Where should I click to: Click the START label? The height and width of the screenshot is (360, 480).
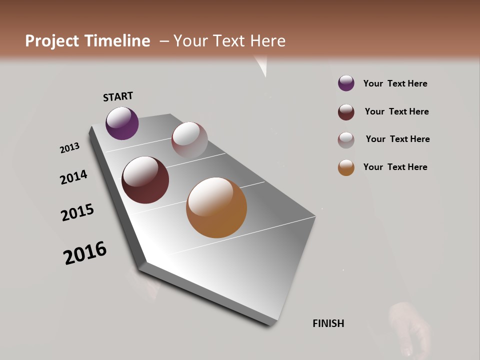pyautogui.click(x=118, y=96)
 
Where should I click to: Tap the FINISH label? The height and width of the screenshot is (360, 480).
pyautogui.click(x=328, y=323)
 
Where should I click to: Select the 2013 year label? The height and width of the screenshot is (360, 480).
pyautogui.click(x=70, y=148)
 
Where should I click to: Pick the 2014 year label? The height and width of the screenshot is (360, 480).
pyautogui.click(x=74, y=177)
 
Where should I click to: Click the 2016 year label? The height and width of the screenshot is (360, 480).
pyautogui.click(x=85, y=253)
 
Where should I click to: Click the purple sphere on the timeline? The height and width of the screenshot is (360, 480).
pyautogui.click(x=122, y=123)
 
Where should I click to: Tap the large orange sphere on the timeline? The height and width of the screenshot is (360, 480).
pyautogui.click(x=216, y=207)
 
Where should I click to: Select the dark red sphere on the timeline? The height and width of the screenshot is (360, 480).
pyautogui.click(x=145, y=180)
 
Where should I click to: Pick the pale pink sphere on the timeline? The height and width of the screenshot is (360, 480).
pyautogui.click(x=189, y=140)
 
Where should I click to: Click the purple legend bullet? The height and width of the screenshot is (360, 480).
pyautogui.click(x=346, y=83)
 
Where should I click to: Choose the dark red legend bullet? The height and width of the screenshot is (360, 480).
pyautogui.click(x=346, y=112)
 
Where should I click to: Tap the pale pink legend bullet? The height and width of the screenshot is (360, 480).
pyautogui.click(x=346, y=140)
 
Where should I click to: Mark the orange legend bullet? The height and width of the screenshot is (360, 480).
pyautogui.click(x=346, y=167)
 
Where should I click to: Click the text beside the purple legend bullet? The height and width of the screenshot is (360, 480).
pyautogui.click(x=395, y=83)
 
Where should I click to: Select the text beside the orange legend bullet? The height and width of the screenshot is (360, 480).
pyautogui.click(x=395, y=167)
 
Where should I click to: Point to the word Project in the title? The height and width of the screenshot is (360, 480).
pyautogui.click(x=51, y=41)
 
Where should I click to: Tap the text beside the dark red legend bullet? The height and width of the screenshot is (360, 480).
pyautogui.click(x=396, y=111)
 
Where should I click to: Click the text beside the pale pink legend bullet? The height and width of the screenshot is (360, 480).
pyautogui.click(x=397, y=139)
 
